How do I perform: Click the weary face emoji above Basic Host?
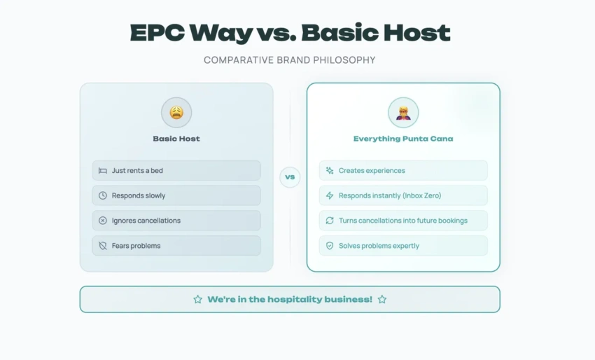coord(176,112)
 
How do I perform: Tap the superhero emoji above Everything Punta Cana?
coord(403,113)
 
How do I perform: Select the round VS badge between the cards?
coord(290,177)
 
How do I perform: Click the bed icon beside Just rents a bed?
coord(103,170)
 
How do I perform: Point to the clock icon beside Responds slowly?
coord(103,195)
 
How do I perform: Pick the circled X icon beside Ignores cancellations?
coord(103,221)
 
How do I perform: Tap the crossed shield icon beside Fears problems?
coord(103,246)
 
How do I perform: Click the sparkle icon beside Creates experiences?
coord(330,170)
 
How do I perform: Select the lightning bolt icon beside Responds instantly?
coord(330,195)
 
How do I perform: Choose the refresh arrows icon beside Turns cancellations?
coord(330,221)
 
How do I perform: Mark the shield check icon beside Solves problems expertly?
coord(330,246)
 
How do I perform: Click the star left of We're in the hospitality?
coord(197,299)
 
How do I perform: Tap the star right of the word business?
coord(382,299)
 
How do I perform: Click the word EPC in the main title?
coord(157,33)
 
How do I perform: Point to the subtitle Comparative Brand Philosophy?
coord(290,60)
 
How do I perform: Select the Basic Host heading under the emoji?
coord(176,139)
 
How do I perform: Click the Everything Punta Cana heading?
coord(403,139)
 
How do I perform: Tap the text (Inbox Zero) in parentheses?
coord(422,195)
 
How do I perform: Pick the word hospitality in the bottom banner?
coord(291,300)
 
